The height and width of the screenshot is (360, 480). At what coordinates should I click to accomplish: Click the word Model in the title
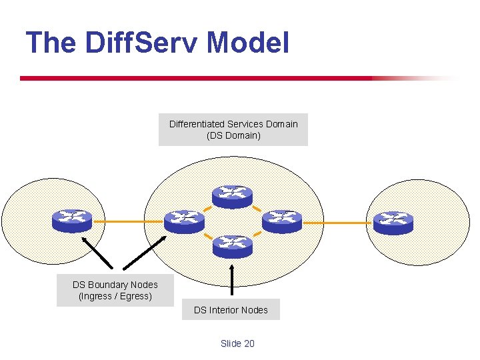coord(248,43)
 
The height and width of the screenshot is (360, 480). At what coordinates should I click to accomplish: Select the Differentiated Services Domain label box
coord(233,130)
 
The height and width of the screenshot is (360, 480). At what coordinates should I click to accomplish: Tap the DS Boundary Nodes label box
coord(115,290)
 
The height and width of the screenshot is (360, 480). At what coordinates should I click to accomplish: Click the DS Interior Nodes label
coord(231,309)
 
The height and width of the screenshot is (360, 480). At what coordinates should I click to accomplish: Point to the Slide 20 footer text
coord(237,343)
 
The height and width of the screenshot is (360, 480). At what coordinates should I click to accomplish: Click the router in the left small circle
coord(72,221)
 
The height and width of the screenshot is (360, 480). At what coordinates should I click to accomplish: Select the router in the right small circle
coord(393,222)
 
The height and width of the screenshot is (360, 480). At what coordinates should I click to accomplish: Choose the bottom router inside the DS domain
coord(232,246)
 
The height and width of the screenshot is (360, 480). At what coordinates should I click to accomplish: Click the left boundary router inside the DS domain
coord(184,221)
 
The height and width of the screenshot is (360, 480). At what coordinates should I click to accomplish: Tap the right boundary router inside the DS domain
coord(282,221)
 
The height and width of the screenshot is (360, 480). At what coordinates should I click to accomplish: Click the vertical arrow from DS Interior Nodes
coord(232,280)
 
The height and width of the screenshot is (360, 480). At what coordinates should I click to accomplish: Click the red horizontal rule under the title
coord(200,78)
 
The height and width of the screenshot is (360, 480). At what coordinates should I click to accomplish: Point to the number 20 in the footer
coord(249,343)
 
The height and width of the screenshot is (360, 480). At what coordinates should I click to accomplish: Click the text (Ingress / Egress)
coord(115,296)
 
